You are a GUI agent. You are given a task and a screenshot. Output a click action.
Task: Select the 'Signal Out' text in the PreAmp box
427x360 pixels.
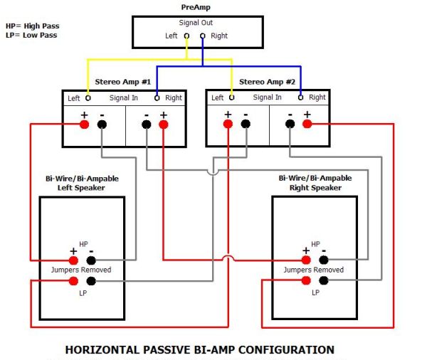tap(195, 23)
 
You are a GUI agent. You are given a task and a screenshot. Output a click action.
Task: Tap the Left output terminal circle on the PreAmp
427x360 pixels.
tap(186, 35)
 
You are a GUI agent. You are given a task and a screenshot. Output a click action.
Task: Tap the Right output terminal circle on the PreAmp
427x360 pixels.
tap(202, 35)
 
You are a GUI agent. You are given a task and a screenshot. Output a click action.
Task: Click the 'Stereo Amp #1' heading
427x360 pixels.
tap(122, 82)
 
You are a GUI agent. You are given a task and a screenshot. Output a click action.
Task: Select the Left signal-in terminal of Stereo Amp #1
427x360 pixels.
tap(88, 97)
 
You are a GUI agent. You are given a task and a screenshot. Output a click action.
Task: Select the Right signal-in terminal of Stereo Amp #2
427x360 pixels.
tap(300, 97)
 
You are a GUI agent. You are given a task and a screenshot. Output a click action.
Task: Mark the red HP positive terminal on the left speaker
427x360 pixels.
tap(73, 260)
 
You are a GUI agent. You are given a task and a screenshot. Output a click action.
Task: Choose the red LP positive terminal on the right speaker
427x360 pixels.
tap(307, 280)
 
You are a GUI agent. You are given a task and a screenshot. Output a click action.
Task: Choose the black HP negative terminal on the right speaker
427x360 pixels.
tap(324, 260)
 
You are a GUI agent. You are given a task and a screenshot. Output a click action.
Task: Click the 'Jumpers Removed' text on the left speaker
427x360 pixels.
tap(80, 270)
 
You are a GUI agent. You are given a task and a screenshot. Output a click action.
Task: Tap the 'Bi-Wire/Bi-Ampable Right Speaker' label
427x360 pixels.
tap(315, 183)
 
